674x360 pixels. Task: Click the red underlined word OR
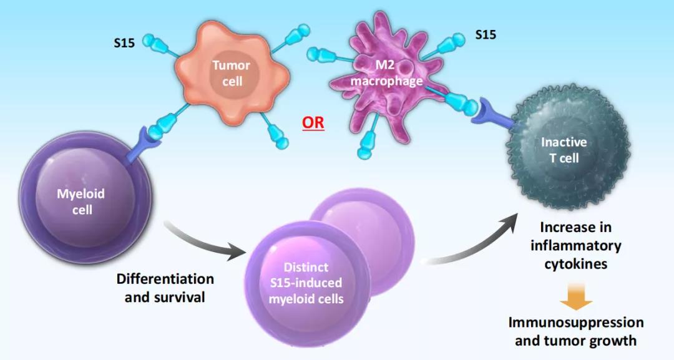[x=313, y=122]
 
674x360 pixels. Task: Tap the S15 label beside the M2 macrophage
[x=486, y=35]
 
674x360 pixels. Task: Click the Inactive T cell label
[x=564, y=150]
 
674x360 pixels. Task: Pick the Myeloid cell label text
[x=81, y=202]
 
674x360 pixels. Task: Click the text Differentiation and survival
[x=165, y=288]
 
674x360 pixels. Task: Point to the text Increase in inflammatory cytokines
[x=575, y=245]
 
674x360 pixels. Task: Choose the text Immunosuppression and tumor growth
[x=575, y=331]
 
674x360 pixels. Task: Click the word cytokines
[x=575, y=263]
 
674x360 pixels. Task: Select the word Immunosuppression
[x=575, y=323]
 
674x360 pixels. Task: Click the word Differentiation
[x=165, y=279]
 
